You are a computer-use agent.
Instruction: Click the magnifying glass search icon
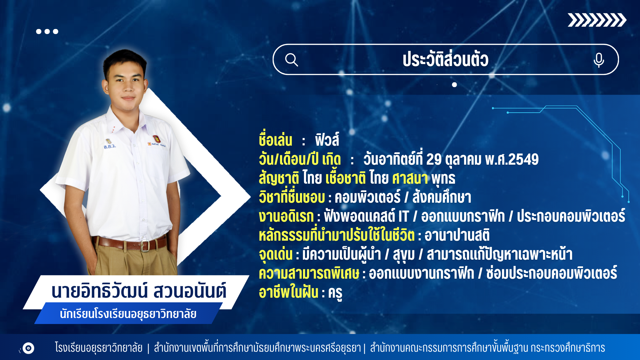pyautogui.click(x=291, y=60)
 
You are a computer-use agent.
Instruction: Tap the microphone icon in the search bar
pyautogui.click(x=599, y=60)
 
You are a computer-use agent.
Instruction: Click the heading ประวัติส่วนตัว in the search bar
pyautogui.click(x=445, y=59)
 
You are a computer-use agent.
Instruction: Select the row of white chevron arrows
pyautogui.click(x=597, y=20)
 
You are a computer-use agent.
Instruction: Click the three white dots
pyautogui.click(x=47, y=31)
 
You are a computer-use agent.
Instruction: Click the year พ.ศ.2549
pyautogui.click(x=512, y=159)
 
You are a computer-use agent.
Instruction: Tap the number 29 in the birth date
pyautogui.click(x=434, y=159)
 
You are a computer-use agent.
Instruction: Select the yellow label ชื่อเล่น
pyautogui.click(x=276, y=140)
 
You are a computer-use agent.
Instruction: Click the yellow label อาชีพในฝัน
pyautogui.click(x=289, y=292)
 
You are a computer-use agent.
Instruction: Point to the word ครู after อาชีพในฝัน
pyautogui.click(x=335, y=293)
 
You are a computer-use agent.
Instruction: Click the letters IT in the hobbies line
pyautogui.click(x=404, y=216)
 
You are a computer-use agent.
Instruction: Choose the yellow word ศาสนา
pyautogui.click(x=410, y=178)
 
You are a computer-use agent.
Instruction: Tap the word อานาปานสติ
pyautogui.click(x=457, y=235)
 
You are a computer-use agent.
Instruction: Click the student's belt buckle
pyautogui.click(x=145, y=246)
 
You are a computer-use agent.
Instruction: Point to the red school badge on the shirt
pyautogui.click(x=156, y=139)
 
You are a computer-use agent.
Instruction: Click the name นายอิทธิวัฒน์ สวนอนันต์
pyautogui.click(x=139, y=291)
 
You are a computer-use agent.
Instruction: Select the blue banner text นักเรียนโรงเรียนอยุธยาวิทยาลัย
pyautogui.click(x=128, y=314)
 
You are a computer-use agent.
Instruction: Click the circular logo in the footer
pyautogui.click(x=28, y=348)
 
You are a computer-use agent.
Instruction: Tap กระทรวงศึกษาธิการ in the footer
pyautogui.click(x=568, y=348)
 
